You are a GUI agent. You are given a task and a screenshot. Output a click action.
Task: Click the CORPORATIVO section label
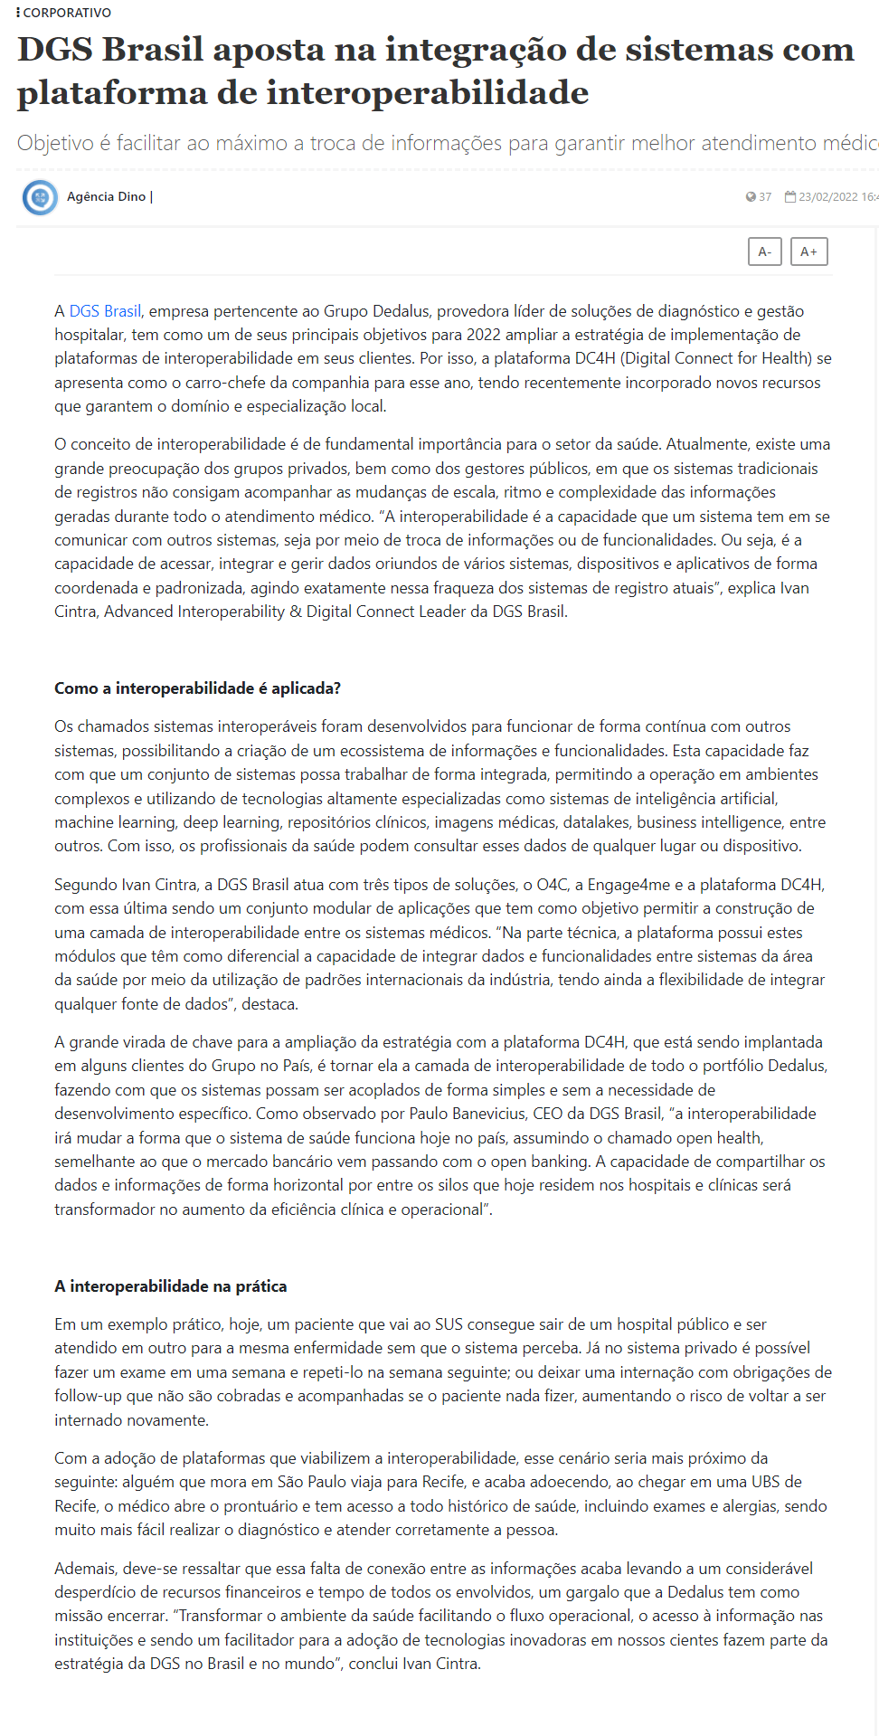coord(67,13)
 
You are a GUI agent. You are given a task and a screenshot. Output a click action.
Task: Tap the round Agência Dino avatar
coord(40,197)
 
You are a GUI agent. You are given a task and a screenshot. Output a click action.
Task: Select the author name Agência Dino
coord(106,196)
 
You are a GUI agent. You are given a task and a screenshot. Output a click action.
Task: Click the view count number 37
coord(765,197)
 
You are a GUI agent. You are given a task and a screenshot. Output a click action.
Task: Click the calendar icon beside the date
coord(790,196)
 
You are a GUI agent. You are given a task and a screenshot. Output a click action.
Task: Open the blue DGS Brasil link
coord(105,311)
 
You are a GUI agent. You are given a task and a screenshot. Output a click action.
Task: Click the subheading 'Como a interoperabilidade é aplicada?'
coord(197,688)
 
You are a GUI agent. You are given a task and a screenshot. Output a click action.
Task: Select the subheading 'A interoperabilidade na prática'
coord(170,1286)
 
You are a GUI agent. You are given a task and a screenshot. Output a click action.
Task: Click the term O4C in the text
coord(552,885)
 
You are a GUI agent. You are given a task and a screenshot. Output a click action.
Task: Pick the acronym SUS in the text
coord(449,1324)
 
